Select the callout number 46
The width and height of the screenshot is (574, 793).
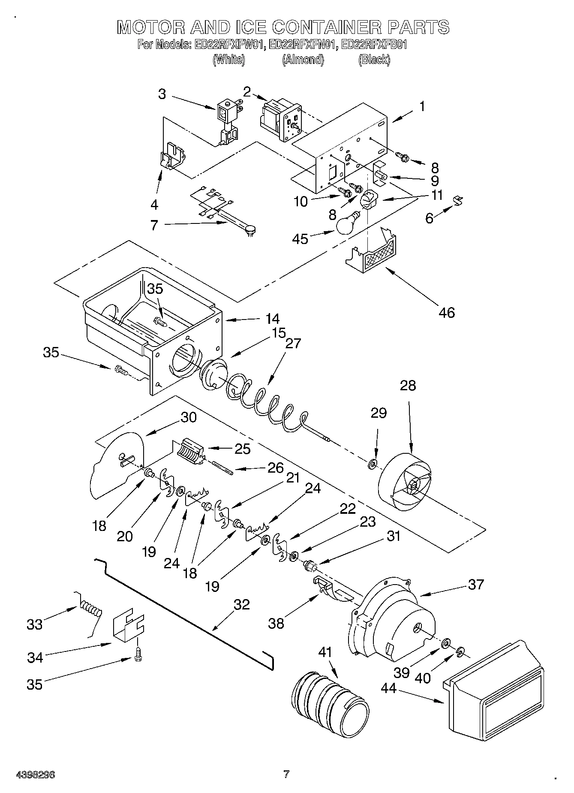pos(446,312)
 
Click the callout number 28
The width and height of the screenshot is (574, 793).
pos(408,385)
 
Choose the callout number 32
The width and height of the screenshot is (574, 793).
pos(242,604)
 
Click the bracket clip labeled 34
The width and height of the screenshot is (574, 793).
pos(128,628)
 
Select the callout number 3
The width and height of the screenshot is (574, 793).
pos(162,94)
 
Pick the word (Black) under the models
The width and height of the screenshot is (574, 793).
pos(374,60)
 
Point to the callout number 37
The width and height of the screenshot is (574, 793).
pos(476,584)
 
